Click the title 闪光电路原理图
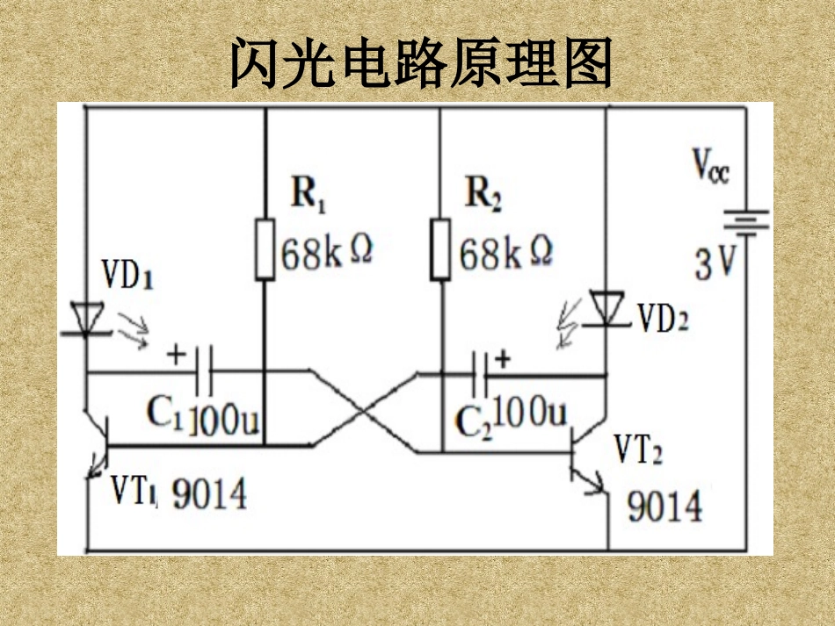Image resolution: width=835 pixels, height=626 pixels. coord(420,63)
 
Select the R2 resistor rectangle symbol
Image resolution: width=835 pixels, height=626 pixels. coord(441,250)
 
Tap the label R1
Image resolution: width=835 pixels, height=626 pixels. coord(309,194)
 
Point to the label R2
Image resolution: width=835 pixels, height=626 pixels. coord(483,194)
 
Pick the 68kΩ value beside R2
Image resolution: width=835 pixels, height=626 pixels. coord(505,254)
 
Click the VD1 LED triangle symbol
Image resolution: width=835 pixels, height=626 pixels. coord(87,319)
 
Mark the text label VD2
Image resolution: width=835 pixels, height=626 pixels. coord(663,319)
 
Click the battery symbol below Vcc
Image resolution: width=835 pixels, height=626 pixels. coord(746,223)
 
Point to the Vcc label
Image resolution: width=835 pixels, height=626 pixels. coord(710,165)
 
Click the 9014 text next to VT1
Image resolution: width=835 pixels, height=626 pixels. coord(209,496)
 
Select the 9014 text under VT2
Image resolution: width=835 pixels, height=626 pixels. coord(664,507)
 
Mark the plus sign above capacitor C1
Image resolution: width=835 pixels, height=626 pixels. coord(176,355)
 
